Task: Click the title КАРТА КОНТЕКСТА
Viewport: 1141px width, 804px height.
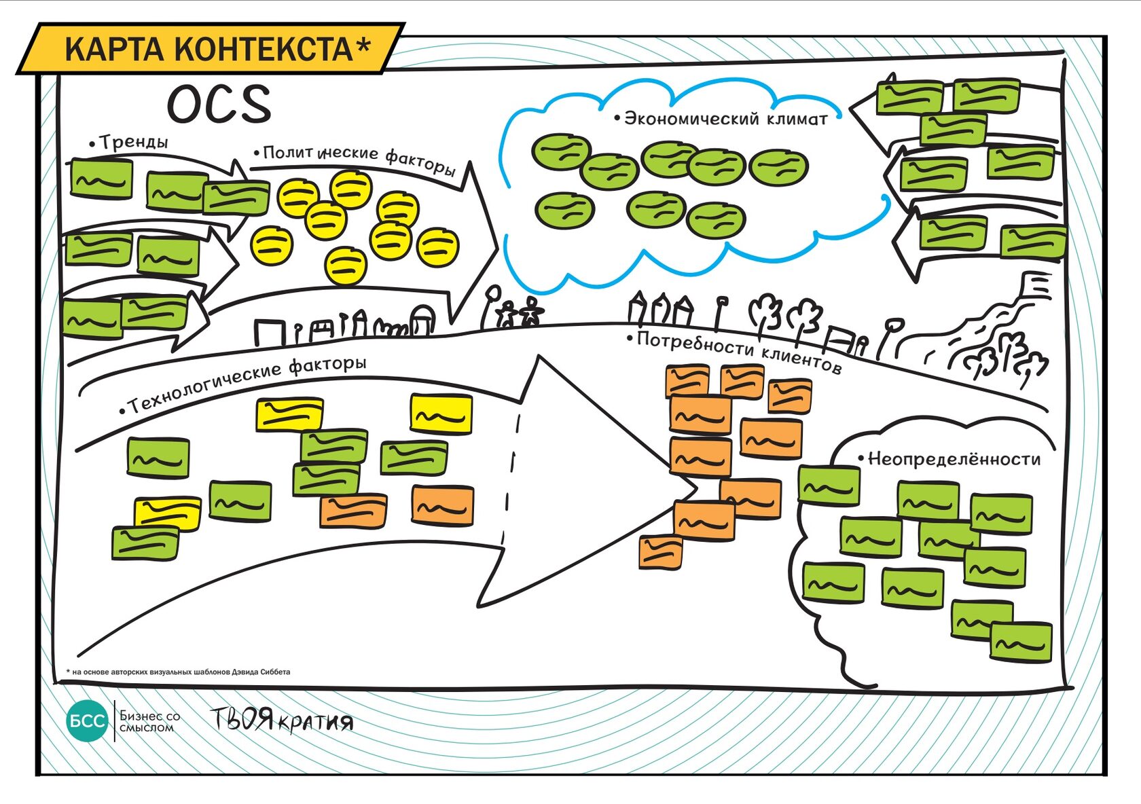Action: pos(207,49)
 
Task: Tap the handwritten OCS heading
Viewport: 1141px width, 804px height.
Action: pos(219,105)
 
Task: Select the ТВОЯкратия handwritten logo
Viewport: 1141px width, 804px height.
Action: pos(281,720)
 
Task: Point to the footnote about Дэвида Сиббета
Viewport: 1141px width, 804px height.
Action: pos(178,672)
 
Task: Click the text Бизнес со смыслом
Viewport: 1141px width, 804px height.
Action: pos(149,721)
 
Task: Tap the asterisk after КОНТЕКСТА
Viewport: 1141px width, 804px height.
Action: pos(363,46)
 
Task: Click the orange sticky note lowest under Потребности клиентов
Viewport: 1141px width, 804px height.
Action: pos(660,551)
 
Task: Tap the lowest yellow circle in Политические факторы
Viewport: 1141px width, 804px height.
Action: pos(345,266)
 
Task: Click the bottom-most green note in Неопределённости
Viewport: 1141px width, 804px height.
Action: pos(1021,642)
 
